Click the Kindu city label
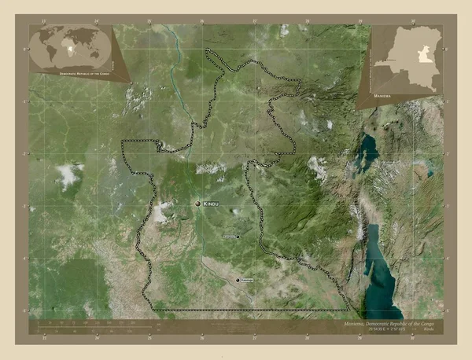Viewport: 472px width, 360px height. coord(211,204)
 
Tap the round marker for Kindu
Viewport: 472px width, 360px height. coord(198,204)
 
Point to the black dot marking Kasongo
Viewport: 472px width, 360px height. coord(238,280)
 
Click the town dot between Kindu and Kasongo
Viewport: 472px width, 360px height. coord(237,236)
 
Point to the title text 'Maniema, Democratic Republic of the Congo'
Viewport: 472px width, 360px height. coord(389,323)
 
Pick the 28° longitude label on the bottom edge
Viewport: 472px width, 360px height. coord(308,339)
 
